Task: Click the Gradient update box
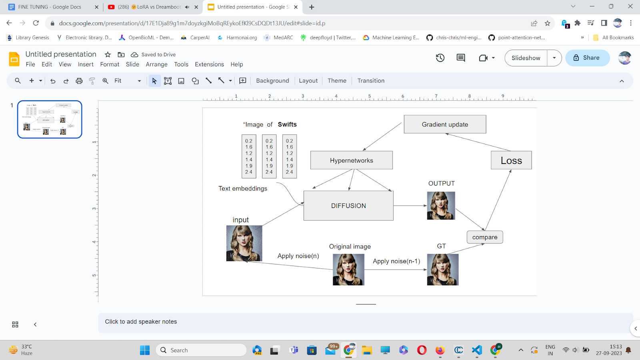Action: click(x=445, y=124)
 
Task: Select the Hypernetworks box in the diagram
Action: click(x=351, y=160)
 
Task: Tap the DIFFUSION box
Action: click(x=348, y=206)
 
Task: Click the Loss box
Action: click(x=511, y=160)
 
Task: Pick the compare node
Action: click(x=485, y=237)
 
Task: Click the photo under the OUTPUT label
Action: click(x=441, y=206)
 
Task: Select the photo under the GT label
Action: click(x=442, y=270)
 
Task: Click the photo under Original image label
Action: click(x=348, y=270)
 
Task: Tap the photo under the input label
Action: click(x=244, y=243)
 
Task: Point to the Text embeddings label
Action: click(x=243, y=188)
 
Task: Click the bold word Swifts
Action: click(x=287, y=124)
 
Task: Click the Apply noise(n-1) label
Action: click(x=396, y=261)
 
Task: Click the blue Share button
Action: click(x=587, y=58)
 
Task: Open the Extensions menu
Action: click(x=209, y=64)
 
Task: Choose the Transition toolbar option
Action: click(x=371, y=81)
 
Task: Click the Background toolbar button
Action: click(x=272, y=81)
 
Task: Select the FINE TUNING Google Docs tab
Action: click(x=50, y=7)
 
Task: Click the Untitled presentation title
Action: click(x=61, y=54)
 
